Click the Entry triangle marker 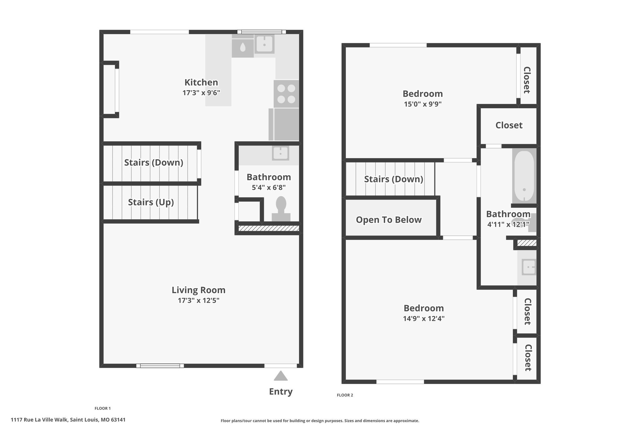coord(281,376)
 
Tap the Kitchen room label coord(201,82)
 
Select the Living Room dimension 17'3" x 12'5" coord(199,301)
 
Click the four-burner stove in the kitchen coord(286,94)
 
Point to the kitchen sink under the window coord(264,44)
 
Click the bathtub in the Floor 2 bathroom coord(524,176)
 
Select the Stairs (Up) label coord(151,202)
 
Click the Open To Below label coord(389,220)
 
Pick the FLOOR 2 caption coord(345,395)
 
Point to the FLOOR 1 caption coord(102,408)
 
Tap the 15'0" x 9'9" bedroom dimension coord(423,104)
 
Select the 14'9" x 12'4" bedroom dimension coord(424,319)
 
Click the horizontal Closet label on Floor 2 coord(509,125)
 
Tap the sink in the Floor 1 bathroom coord(281,153)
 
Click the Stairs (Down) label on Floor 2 coord(394,179)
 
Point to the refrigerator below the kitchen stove coord(284,125)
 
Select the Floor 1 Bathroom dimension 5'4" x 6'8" coord(269,188)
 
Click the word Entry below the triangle coord(281,392)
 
